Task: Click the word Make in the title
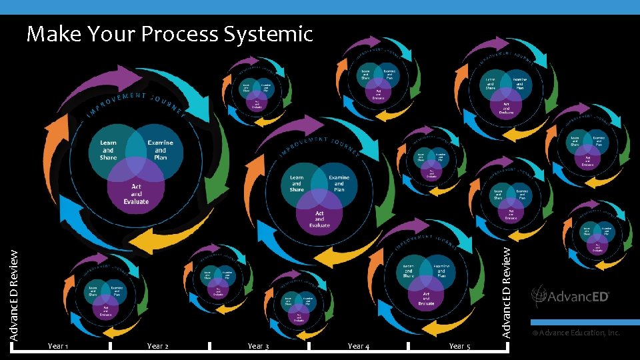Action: pos(51,33)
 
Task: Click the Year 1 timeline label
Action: pos(58,346)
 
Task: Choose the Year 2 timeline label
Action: pos(157,346)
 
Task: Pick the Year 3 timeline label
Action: pos(258,346)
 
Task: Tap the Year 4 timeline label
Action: pos(359,346)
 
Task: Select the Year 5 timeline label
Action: pos(459,346)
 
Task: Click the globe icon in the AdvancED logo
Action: pos(539,296)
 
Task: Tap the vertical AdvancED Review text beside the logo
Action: pos(507,291)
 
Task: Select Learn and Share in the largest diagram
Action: pos(108,150)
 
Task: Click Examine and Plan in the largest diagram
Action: pos(160,150)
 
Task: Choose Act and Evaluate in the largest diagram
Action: pos(136,193)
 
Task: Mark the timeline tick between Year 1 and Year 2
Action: pos(109,346)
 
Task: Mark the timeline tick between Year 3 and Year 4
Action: pos(310,346)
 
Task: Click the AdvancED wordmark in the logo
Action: pos(579,297)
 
